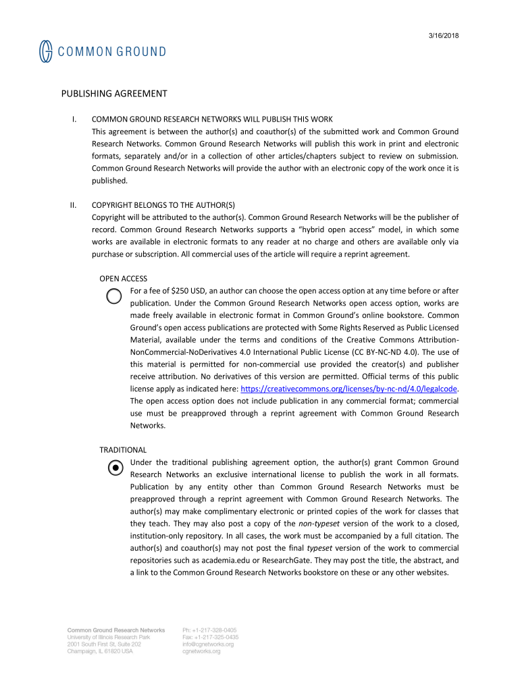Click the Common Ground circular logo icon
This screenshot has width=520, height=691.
click(45, 51)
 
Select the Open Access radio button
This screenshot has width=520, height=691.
click(114, 297)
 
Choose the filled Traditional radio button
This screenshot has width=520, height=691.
click(115, 468)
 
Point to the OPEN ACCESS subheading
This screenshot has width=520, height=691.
click(123, 279)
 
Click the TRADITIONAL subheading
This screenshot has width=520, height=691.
click(123, 449)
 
